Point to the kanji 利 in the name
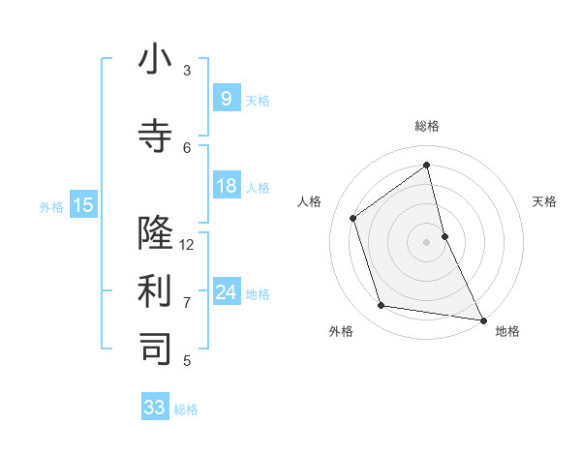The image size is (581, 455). [x=155, y=290]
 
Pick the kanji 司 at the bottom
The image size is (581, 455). [x=155, y=349]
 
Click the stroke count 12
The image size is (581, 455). [x=187, y=244]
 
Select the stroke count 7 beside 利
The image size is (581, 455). [x=187, y=302]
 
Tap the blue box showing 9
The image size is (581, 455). [x=226, y=99]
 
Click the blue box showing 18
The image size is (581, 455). [x=226, y=186]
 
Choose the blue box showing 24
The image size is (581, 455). [x=226, y=292]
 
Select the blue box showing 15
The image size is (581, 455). [x=82, y=204]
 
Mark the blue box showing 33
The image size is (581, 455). [x=154, y=408]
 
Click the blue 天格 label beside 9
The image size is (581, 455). [x=258, y=100]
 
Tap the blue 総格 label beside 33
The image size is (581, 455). [x=186, y=409]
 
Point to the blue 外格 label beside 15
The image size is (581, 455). [x=50, y=206]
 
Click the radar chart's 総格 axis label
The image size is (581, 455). [x=427, y=126]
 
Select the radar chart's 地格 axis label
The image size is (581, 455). [x=507, y=331]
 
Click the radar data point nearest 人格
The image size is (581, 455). [x=353, y=218]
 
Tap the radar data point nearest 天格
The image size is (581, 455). [x=444, y=235]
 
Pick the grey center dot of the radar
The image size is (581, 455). [x=427, y=241]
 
